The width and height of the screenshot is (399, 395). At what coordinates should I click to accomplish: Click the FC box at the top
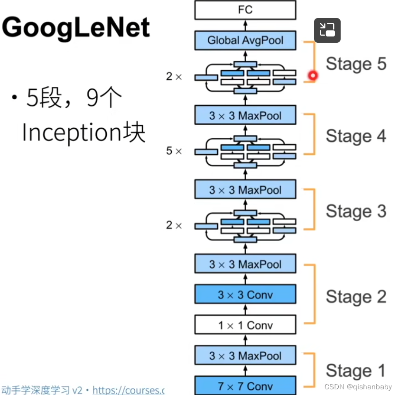pyautogui.click(x=245, y=9)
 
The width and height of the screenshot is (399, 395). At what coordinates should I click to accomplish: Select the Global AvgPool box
pyautogui.click(x=245, y=40)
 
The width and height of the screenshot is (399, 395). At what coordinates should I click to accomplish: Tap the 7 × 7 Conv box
pyautogui.click(x=245, y=385)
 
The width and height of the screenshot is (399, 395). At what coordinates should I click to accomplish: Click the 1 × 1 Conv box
pyautogui.click(x=245, y=325)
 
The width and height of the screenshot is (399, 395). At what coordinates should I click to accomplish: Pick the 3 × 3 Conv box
pyautogui.click(x=245, y=294)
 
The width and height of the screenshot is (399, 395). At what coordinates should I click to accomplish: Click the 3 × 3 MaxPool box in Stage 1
pyautogui.click(x=245, y=356)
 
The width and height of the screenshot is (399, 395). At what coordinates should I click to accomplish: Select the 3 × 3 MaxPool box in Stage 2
pyautogui.click(x=245, y=264)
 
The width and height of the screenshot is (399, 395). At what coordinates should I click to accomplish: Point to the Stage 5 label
pyautogui.click(x=356, y=64)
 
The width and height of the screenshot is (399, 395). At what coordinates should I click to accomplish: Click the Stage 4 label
pyautogui.click(x=356, y=136)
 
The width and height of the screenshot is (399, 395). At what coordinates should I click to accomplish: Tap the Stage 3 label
pyautogui.click(x=356, y=211)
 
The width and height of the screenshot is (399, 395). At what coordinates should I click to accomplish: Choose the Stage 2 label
pyautogui.click(x=356, y=297)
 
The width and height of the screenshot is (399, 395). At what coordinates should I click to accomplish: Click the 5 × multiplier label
pyautogui.click(x=174, y=151)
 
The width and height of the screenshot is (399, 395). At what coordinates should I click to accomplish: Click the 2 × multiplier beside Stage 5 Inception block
pyautogui.click(x=174, y=76)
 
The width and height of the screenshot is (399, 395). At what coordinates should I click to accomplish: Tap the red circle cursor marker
pyautogui.click(x=312, y=75)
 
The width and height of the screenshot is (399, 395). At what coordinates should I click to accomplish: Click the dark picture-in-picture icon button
pyautogui.click(x=327, y=30)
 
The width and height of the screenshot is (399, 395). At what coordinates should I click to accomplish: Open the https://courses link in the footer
pyautogui.click(x=128, y=390)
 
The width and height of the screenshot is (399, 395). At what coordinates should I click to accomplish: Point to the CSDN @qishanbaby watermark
pyautogui.click(x=358, y=387)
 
